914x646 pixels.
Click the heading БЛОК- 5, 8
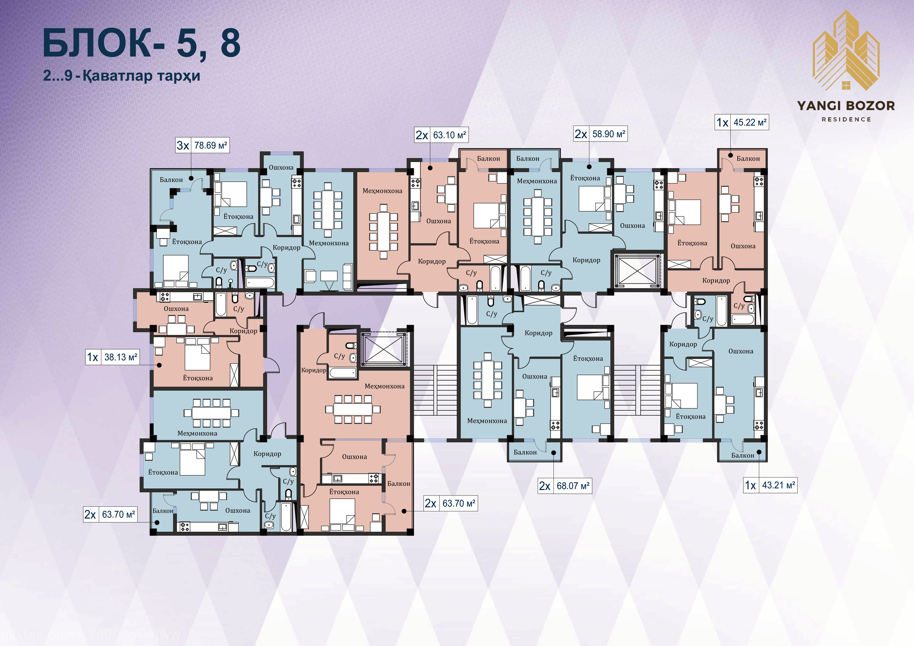pyautogui.click(x=141, y=43)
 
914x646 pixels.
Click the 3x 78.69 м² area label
pyautogui.click(x=202, y=146)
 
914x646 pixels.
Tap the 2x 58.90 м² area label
pyautogui.click(x=600, y=134)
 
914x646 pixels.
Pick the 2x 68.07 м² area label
pyautogui.click(x=565, y=486)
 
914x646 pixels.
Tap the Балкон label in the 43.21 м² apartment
pyautogui.click(x=742, y=455)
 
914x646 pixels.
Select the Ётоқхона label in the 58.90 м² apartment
pyautogui.click(x=585, y=178)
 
